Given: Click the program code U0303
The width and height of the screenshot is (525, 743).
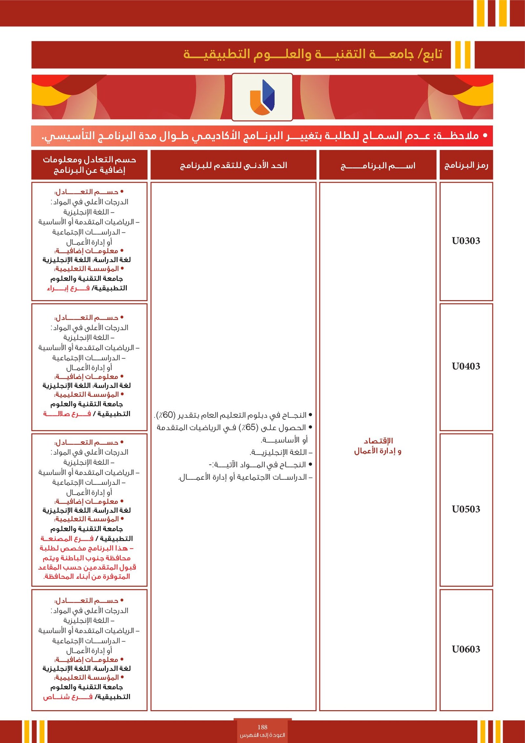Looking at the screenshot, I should coord(466,241).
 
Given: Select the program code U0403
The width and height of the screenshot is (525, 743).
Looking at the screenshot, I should coord(466,366).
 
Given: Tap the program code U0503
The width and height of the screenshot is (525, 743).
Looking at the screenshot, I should coord(466,509).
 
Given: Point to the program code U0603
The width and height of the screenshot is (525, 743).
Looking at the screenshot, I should coord(466,649).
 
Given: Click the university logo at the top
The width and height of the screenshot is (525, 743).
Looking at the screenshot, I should coord(262,97).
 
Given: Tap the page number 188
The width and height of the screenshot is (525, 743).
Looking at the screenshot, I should coord(262,727).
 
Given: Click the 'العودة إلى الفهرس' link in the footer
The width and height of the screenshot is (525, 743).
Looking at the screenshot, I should coord(262,735).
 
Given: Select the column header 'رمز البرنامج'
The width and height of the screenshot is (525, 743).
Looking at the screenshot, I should coord(466,165).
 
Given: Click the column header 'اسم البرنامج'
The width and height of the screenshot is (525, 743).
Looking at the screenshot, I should coord(378,165).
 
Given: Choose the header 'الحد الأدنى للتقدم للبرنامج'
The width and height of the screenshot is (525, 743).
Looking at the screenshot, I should coord(233,165).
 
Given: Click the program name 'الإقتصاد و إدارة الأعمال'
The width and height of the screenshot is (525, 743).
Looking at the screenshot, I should coord(378,446).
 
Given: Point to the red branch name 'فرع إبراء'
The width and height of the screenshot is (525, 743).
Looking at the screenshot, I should coord(68,288).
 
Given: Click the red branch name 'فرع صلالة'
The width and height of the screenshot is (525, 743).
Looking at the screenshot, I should coord(67,414).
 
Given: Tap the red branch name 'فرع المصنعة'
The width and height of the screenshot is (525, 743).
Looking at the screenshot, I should coord(67,538).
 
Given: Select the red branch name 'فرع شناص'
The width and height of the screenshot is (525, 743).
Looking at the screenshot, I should coord(68,697).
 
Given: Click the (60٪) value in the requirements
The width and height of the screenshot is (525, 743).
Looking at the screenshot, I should coord(166,415).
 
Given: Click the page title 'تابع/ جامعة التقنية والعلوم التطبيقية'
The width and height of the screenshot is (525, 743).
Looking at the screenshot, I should coord(312,54).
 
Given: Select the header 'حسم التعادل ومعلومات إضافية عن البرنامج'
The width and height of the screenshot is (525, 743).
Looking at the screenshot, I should coord(89,165).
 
